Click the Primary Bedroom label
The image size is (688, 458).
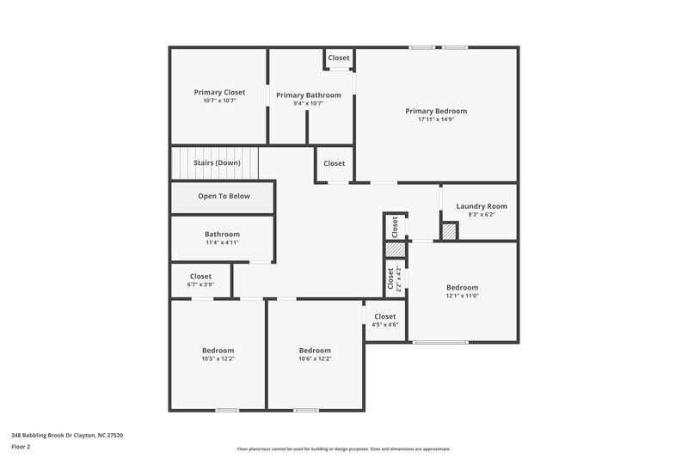point(436,111)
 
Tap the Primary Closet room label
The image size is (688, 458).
point(219,92)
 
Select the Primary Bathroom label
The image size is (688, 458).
point(308,95)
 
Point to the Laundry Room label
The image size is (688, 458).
point(481,206)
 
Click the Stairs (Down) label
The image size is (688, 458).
point(217,162)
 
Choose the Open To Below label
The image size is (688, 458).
point(224,196)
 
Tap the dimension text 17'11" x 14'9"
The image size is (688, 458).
point(436,119)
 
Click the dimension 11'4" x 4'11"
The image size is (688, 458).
point(222,242)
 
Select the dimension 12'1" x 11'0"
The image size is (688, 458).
point(462,296)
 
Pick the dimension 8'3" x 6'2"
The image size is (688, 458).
point(481,215)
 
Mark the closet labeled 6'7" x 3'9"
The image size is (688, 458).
point(200,284)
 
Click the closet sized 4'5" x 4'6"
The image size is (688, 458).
point(384,325)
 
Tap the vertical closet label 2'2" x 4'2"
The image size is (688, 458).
point(398,278)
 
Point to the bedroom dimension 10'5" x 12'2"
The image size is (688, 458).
point(218,358)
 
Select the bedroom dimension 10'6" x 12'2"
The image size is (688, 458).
point(315,358)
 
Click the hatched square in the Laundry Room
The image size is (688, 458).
point(449,232)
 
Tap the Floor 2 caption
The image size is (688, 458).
point(21,447)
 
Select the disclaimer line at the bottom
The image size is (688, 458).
point(343,449)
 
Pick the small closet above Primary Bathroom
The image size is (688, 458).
point(339,58)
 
